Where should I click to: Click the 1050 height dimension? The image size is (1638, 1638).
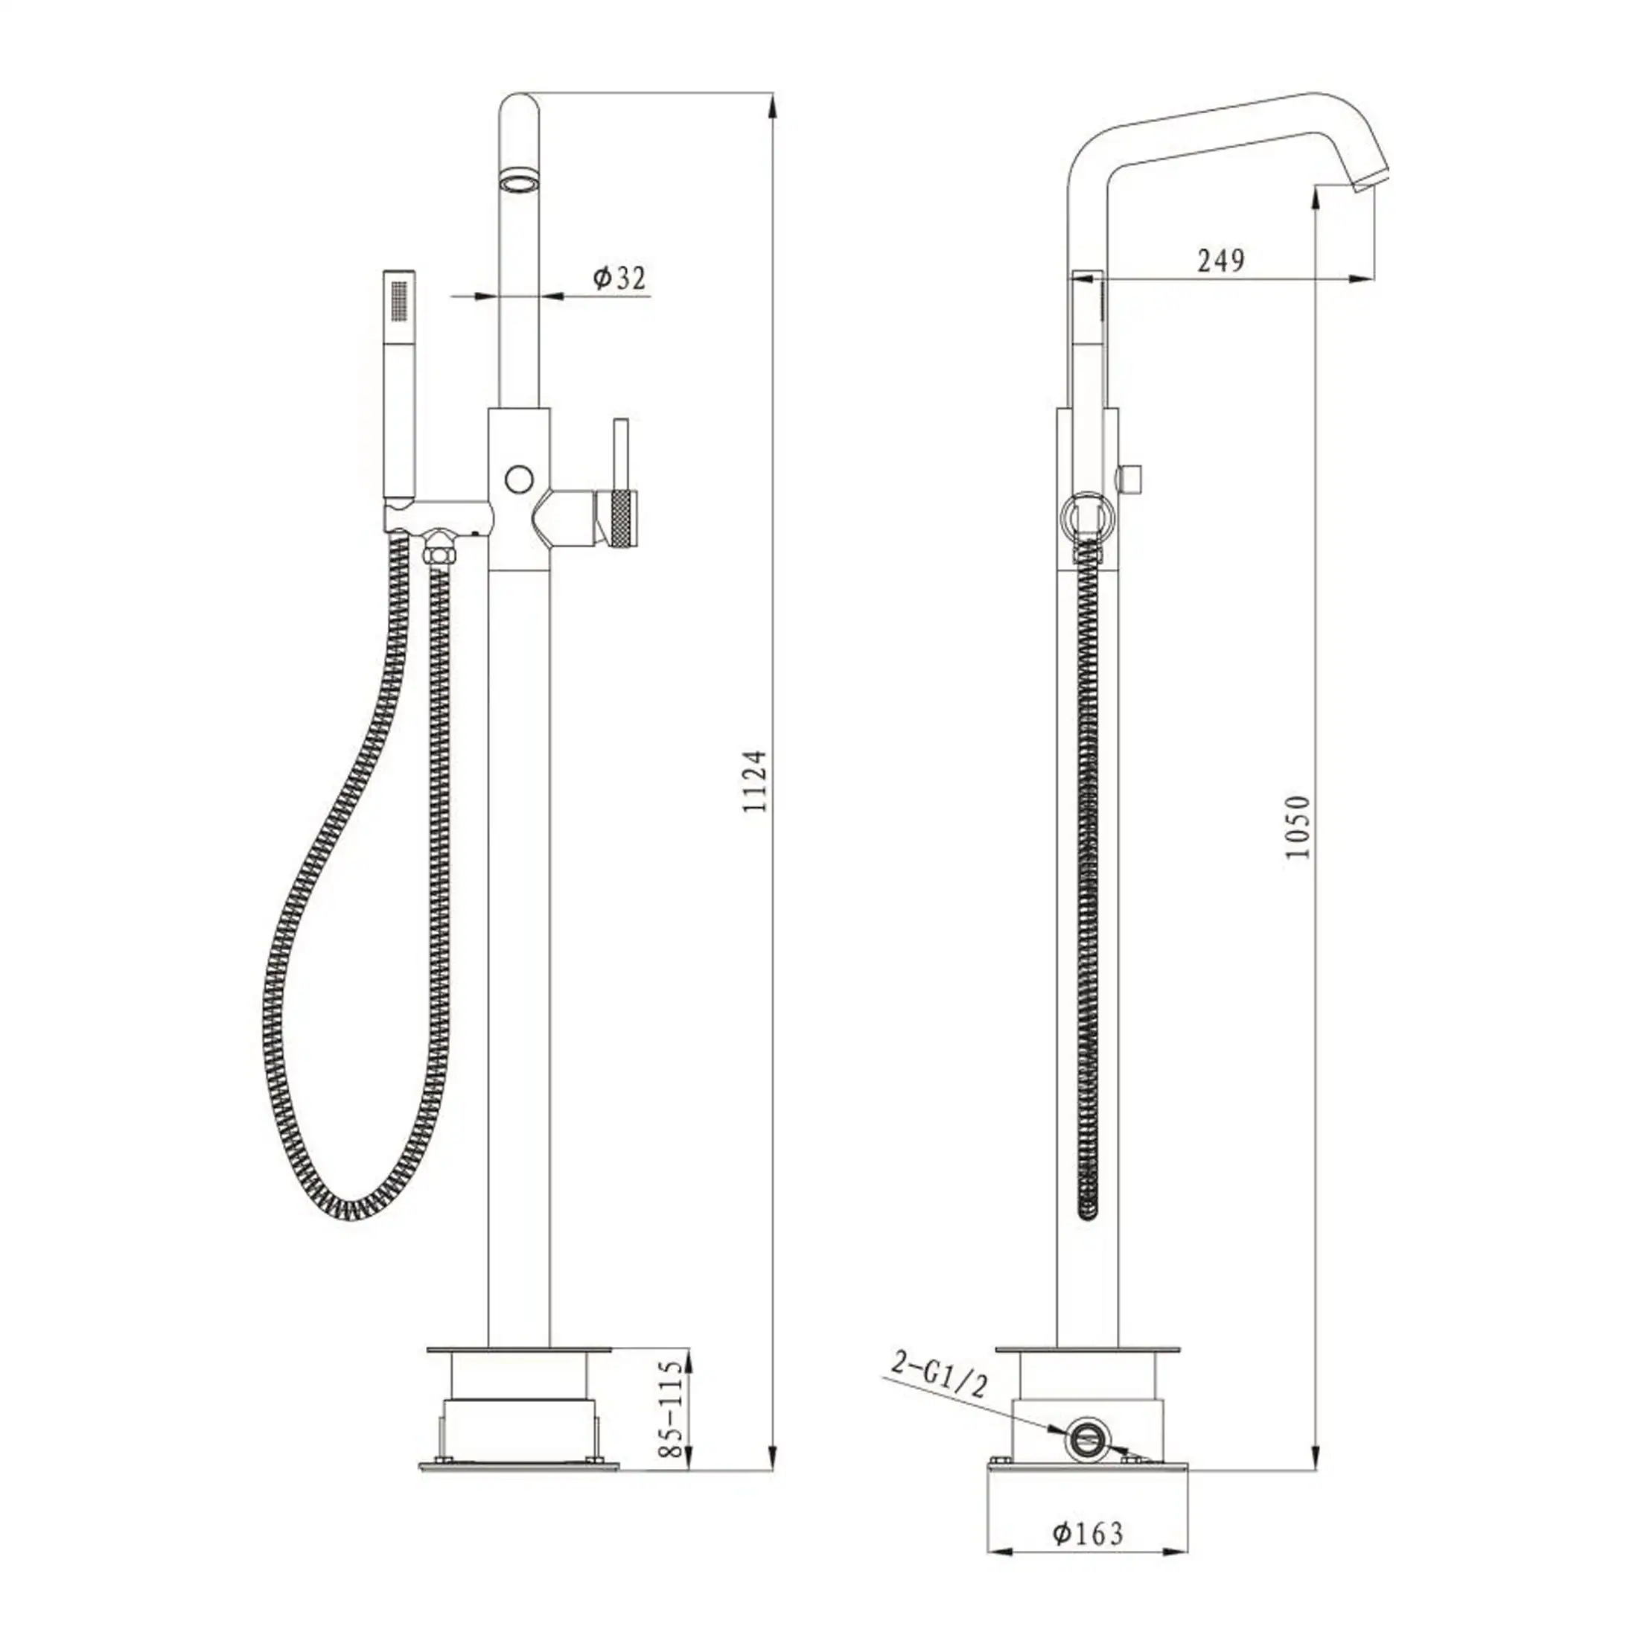(1298, 826)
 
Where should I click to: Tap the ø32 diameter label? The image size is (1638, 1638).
(619, 277)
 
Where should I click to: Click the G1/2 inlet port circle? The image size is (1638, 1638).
(1086, 1438)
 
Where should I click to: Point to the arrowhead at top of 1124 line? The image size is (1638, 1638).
(771, 106)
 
